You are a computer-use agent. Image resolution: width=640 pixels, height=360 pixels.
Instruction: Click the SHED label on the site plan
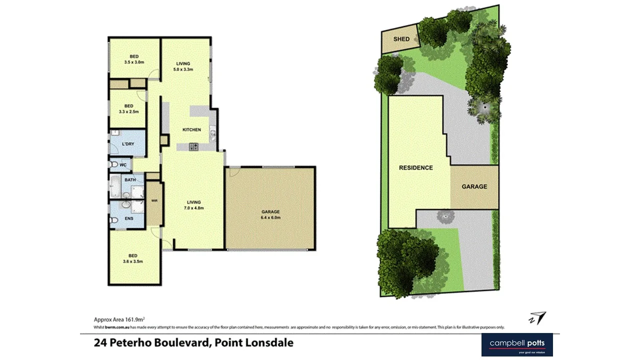[401, 39]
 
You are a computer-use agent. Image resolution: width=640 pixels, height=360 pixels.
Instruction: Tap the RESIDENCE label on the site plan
[415, 168]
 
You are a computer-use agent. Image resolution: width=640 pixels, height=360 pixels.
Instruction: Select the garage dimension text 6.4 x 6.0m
[270, 218]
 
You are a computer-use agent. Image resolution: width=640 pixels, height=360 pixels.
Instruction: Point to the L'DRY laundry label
[128, 144]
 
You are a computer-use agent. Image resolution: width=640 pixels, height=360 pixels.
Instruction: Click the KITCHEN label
[191, 130]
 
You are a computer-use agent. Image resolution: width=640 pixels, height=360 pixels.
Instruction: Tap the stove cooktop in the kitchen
[193, 146]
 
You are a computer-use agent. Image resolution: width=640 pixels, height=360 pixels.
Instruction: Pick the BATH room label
[130, 180]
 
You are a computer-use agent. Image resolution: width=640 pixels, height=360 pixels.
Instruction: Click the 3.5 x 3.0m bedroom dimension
[134, 62]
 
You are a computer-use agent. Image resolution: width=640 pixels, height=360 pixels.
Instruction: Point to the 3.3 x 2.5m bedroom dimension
[129, 112]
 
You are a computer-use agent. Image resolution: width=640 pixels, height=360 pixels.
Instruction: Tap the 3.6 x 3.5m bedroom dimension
[133, 261]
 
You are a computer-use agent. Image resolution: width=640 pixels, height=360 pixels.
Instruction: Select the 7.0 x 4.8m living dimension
[194, 208]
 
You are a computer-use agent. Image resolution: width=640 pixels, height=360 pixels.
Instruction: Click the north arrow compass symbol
[537, 318]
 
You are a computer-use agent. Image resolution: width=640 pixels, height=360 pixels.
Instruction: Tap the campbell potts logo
[517, 344]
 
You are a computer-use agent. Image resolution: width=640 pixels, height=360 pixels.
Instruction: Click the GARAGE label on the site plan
[474, 186]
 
